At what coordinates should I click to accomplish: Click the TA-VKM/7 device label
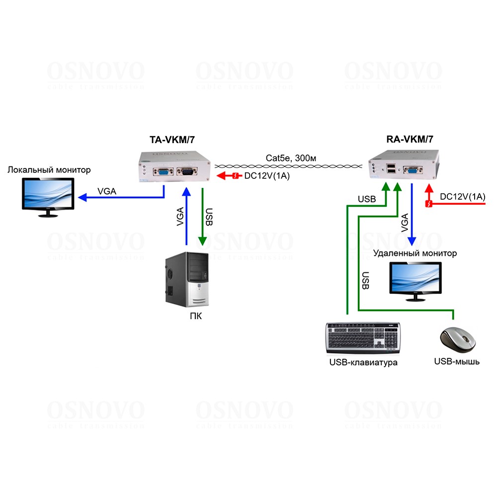[171, 140]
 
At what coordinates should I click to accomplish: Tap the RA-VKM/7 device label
[410, 140]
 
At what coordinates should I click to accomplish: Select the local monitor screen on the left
[48, 194]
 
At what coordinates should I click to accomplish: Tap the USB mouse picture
[457, 340]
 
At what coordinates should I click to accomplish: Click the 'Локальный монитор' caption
[49, 170]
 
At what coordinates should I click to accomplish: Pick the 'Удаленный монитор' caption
[415, 253]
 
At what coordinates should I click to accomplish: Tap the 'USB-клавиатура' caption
[363, 362]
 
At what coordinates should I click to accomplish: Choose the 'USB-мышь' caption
[457, 361]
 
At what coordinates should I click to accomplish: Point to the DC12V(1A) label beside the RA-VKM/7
[462, 197]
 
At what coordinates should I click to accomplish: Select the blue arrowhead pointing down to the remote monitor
[412, 240]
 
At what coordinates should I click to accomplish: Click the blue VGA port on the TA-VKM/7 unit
[163, 172]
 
